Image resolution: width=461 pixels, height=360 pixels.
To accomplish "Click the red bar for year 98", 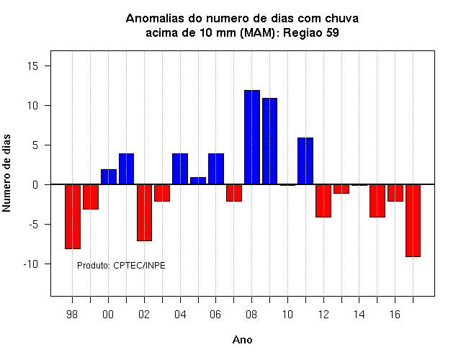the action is coord(73,217).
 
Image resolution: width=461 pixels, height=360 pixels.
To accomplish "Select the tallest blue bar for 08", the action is coord(252,138).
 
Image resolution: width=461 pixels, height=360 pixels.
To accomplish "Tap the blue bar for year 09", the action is coord(269,141).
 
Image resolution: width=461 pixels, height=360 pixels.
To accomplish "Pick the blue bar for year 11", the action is coord(305,161).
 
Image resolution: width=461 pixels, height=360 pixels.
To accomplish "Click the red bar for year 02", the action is coord(144,212).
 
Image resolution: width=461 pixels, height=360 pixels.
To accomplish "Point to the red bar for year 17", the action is coord(413,220).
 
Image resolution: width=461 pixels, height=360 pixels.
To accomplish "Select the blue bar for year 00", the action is coord(109,177).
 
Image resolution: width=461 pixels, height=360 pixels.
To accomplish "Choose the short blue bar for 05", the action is coord(198,181).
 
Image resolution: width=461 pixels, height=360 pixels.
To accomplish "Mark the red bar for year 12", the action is coord(323,201).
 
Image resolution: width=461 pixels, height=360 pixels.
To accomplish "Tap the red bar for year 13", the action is coord(341,189).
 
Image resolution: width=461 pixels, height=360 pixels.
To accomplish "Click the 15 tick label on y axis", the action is coord(33,66).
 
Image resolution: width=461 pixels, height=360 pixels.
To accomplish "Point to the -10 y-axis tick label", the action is coord(31,264).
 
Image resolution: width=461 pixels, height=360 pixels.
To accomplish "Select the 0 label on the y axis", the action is coord(35,185).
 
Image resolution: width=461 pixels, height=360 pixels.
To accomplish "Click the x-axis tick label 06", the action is coord(215,315).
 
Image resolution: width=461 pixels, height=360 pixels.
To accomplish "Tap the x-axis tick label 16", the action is coord(395,315).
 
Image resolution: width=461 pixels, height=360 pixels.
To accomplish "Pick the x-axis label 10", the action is coord(287,315).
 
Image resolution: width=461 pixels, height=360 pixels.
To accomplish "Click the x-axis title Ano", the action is coord(242,340).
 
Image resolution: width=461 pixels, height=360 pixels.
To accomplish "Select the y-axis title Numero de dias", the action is coord(6,173).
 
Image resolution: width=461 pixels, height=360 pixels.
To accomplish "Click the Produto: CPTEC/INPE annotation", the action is coord(121,266).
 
